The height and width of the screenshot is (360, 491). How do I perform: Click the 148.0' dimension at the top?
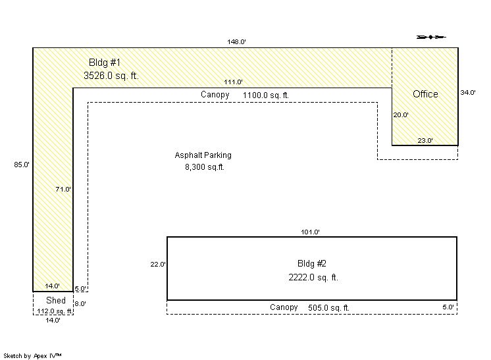[236, 41]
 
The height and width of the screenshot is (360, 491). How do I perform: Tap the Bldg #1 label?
[105, 63]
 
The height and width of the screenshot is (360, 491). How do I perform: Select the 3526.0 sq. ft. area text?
[111, 76]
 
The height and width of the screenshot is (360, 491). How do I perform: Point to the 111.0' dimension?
[233, 82]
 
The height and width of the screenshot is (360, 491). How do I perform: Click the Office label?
[425, 94]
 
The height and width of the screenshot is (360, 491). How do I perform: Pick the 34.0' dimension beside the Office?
[468, 92]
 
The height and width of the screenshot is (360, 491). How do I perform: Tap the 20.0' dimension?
[401, 115]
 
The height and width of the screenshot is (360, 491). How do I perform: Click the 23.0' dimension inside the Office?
[425, 141]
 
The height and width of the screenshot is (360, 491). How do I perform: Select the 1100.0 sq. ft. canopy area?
[265, 95]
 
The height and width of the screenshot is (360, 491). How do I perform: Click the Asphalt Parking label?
[203, 155]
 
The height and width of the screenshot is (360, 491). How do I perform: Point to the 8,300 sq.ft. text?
[205, 167]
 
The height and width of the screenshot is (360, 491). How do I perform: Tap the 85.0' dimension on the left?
[22, 165]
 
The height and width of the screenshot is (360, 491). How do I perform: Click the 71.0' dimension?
[63, 189]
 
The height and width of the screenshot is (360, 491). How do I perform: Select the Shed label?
[56, 300]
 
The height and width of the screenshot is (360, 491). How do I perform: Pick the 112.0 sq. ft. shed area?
[55, 311]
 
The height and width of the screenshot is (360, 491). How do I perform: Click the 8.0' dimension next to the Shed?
[80, 303]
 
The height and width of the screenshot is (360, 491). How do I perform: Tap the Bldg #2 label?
[312, 263]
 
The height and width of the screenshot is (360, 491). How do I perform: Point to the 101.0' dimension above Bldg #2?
[310, 232]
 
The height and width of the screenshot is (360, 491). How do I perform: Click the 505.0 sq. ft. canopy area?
[328, 308]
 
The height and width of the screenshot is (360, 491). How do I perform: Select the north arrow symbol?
[431, 37]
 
